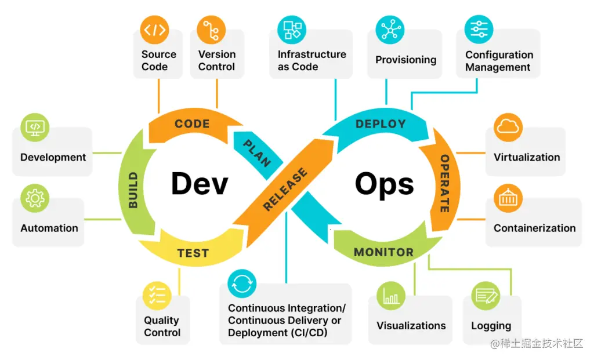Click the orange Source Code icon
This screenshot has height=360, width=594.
(155, 30)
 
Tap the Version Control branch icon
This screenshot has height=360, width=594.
(211, 30)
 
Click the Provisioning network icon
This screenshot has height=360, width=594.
(390, 30)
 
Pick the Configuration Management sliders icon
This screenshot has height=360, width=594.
(479, 30)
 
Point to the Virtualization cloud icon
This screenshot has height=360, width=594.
(508, 128)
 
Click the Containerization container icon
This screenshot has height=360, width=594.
(508, 199)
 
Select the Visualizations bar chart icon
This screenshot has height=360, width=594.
(391, 296)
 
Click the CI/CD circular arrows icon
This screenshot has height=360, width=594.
(242, 284)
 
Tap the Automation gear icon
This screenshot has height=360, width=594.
(35, 199)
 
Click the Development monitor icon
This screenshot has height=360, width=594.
(35, 128)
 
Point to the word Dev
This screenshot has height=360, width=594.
(200, 183)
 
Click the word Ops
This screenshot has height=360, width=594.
(384, 183)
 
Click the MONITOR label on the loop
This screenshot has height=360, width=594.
(383, 252)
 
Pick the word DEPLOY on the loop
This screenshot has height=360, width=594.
(381, 124)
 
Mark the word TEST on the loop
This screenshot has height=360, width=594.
(193, 253)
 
